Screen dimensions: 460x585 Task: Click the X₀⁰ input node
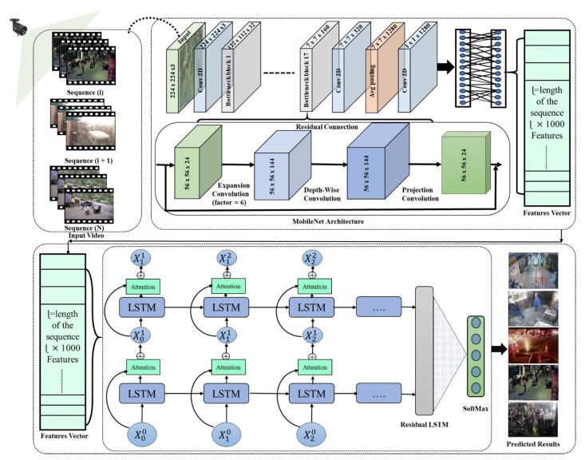tap(140, 434)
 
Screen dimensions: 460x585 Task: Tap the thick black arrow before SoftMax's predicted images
tap(499, 350)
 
